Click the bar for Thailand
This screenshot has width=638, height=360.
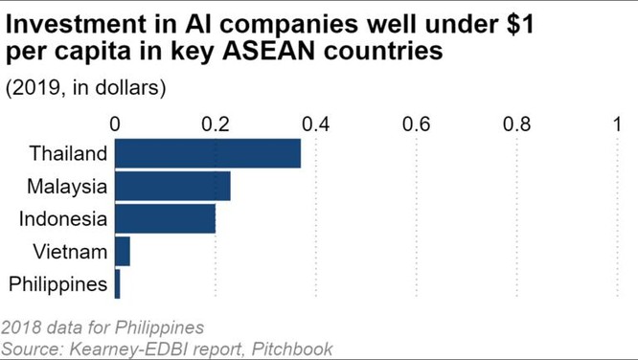[208, 153]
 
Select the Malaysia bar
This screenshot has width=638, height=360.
[172, 186]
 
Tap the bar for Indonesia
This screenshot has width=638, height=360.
[165, 218]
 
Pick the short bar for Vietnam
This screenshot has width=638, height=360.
[123, 252]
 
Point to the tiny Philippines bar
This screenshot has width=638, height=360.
[118, 284]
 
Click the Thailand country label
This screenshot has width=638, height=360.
[68, 153]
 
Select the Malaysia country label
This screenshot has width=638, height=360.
[67, 186]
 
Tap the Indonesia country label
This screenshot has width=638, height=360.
[63, 218]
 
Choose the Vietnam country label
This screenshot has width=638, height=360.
[70, 252]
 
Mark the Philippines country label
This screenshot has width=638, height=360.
[57, 284]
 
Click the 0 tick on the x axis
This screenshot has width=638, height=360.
[116, 124]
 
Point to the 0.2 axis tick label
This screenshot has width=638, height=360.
[216, 124]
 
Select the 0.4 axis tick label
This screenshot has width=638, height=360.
[316, 124]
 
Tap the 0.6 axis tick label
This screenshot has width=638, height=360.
[417, 124]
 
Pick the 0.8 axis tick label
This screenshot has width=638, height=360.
[517, 124]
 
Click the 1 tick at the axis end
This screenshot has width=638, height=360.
[618, 124]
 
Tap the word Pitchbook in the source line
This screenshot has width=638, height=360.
[292, 349]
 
